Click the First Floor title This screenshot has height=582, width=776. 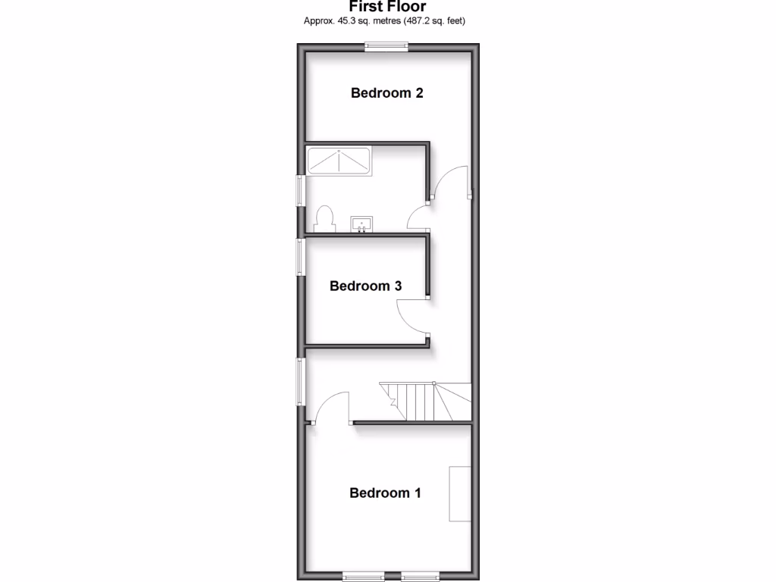(x=387, y=7)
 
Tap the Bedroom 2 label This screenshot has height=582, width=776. (x=386, y=93)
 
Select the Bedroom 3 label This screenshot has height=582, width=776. (x=365, y=286)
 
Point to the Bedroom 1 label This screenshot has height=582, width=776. (x=385, y=493)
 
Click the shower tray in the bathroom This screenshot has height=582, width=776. (x=339, y=161)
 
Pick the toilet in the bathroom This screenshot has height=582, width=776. (x=324, y=219)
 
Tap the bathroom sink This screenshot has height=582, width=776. (x=361, y=224)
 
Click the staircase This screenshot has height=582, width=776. (x=424, y=402)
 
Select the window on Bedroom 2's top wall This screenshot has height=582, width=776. (x=386, y=46)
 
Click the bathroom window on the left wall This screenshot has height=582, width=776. (x=300, y=190)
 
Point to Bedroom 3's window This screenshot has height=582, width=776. (x=300, y=257)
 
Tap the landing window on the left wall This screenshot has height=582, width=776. (x=300, y=382)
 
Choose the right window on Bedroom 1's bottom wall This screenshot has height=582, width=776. (x=420, y=575)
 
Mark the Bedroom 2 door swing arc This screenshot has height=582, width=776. (x=452, y=180)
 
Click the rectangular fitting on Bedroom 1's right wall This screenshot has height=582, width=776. (x=460, y=494)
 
